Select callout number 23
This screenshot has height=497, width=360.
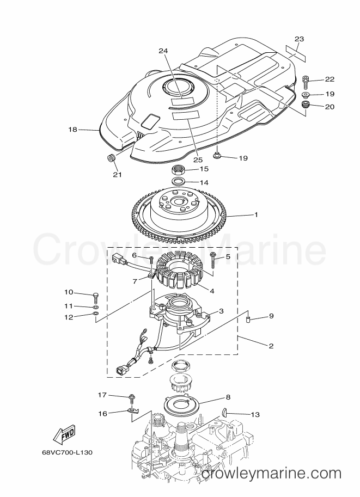tap(299, 39)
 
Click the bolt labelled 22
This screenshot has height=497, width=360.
tap(306, 82)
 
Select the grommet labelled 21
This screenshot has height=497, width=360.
tap(111, 157)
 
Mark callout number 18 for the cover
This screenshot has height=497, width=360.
tap(72, 130)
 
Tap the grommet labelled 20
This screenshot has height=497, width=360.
tap(306, 105)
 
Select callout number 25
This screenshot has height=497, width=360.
tap(198, 159)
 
